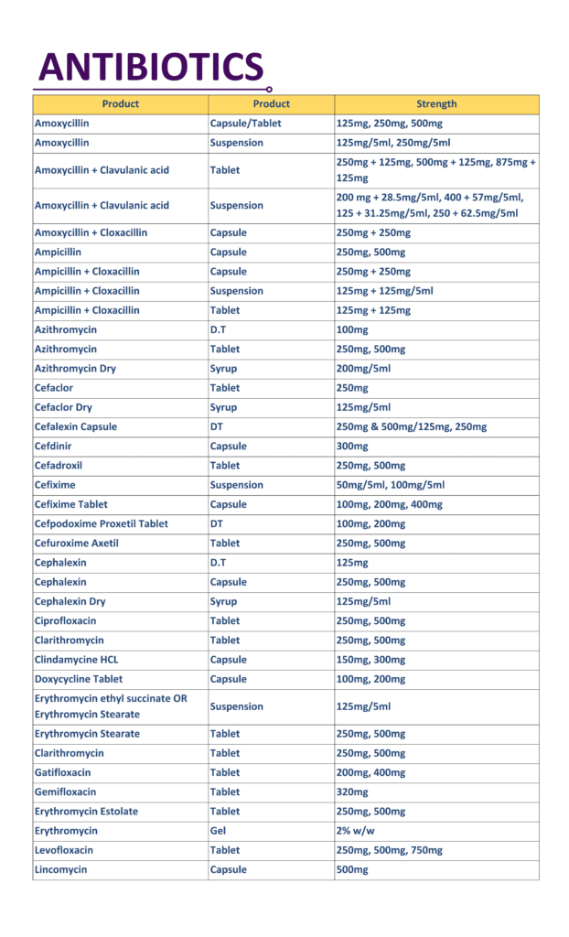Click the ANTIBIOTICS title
151,67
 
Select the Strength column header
436,104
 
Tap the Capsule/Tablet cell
245,124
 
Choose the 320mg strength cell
353,792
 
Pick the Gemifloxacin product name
65,792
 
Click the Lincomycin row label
60,869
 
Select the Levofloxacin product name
64,850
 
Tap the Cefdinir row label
55,447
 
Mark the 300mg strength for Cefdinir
353,447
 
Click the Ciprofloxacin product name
66,621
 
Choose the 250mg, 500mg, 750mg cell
390,850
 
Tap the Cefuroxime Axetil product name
77,544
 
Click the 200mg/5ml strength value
363,369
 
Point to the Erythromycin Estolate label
87,812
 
